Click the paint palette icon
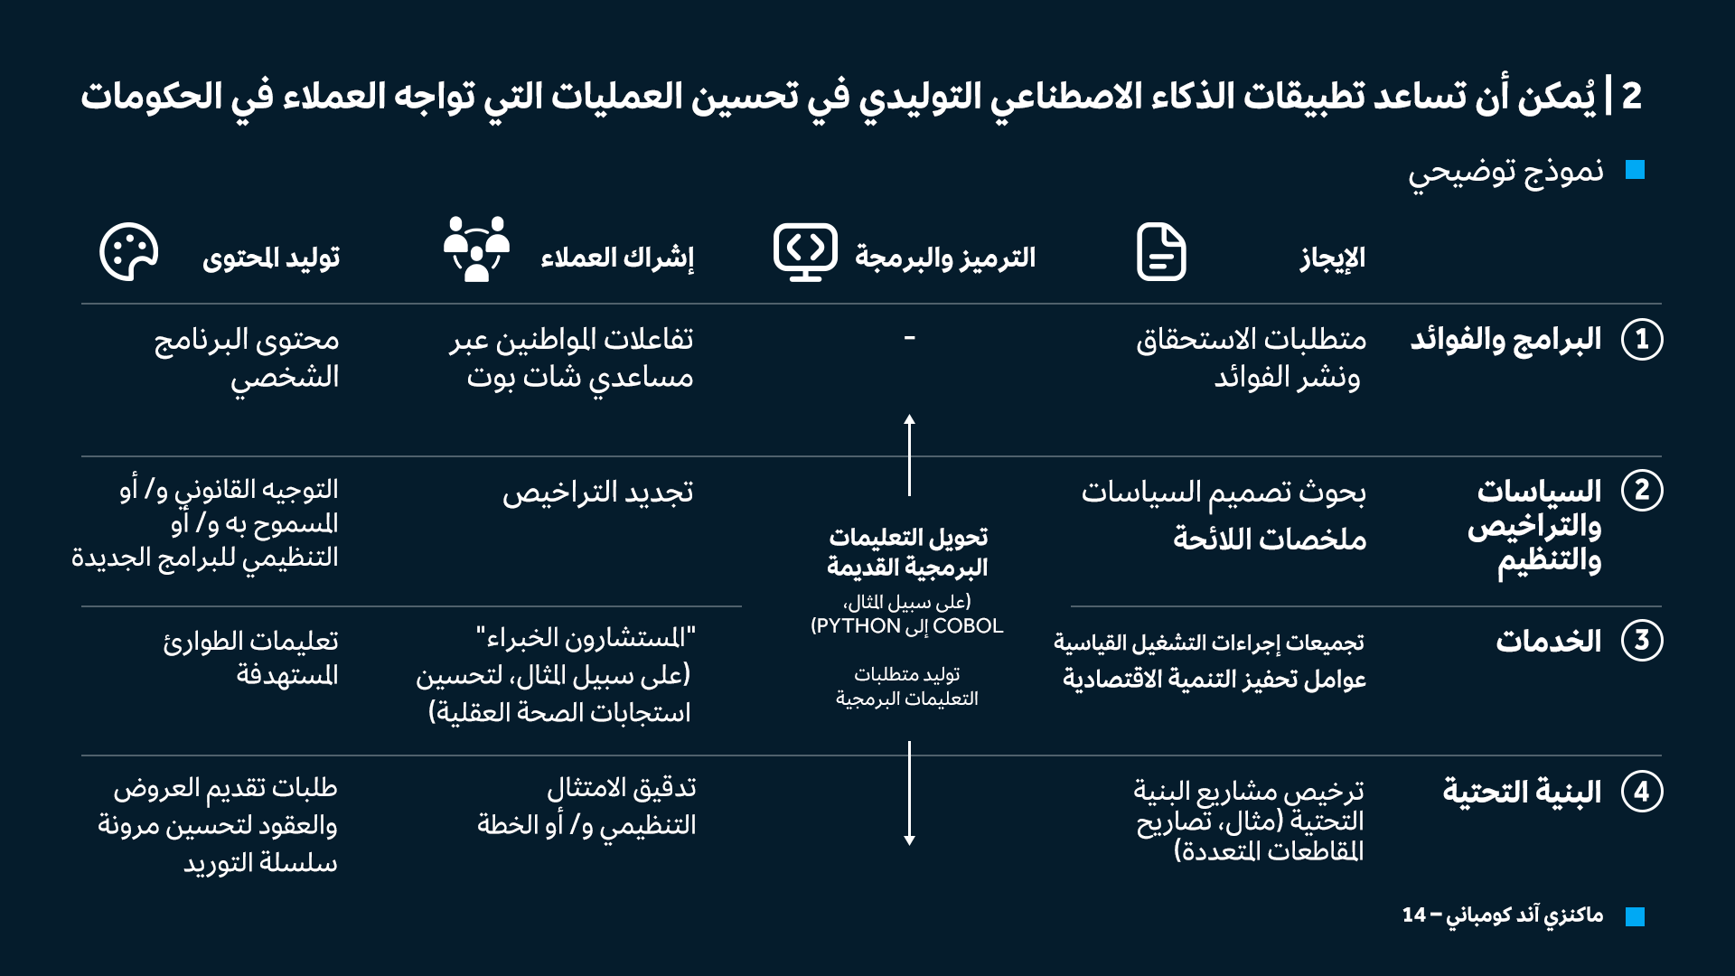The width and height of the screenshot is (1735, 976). [x=128, y=252]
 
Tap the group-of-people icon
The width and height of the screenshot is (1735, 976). [x=476, y=249]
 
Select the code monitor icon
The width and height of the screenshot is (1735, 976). [x=805, y=252]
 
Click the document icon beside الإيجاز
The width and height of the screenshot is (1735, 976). [x=1161, y=252]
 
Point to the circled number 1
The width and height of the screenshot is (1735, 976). [x=1641, y=340]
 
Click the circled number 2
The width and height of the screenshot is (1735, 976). [x=1641, y=491]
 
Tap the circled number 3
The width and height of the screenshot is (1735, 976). [x=1641, y=641]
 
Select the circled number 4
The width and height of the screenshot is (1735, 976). [x=1641, y=792]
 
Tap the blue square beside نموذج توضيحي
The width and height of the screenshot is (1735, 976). [x=1635, y=170]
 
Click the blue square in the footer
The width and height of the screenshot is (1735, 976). [x=1635, y=916]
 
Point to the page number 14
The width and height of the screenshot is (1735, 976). [x=1414, y=915]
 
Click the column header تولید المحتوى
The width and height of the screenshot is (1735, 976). [x=271, y=258]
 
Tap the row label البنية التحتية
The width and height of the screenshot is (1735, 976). [x=1522, y=792]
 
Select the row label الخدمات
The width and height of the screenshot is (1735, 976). [x=1548, y=641]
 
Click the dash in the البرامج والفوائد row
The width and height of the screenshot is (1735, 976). [x=909, y=339]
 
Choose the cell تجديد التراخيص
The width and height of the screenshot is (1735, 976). [x=598, y=493]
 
